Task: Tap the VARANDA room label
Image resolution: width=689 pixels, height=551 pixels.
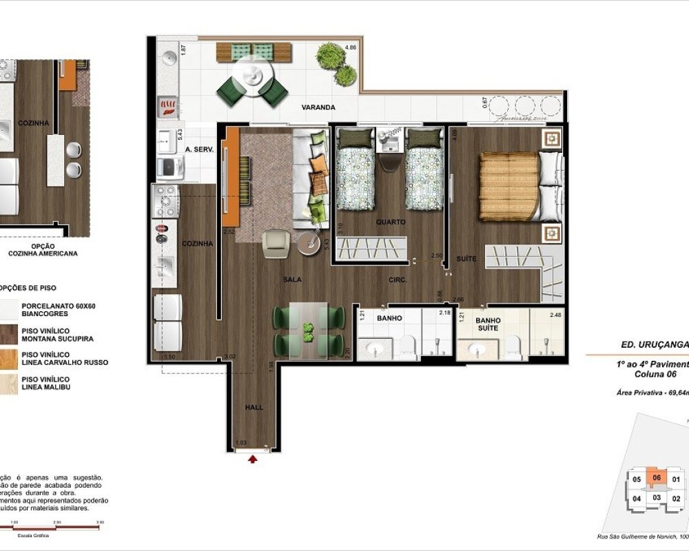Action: pos(318,107)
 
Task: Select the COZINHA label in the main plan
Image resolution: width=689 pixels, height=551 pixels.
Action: pos(197,243)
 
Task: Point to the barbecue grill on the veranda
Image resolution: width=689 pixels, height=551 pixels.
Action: pos(168,105)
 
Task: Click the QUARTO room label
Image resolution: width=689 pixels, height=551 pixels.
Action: pos(390,222)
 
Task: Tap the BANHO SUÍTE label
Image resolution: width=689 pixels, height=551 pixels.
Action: pos(488,324)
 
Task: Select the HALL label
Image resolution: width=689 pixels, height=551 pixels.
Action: pos(254,408)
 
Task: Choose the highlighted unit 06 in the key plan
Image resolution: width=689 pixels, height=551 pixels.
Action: pos(657,477)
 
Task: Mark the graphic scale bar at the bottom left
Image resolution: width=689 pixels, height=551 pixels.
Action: pos(52,526)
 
